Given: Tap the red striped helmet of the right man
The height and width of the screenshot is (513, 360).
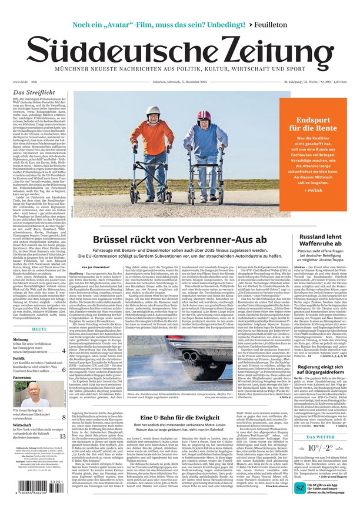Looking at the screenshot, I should click(204, 115).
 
